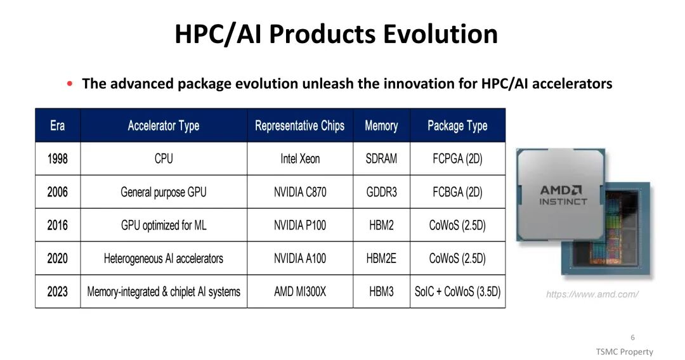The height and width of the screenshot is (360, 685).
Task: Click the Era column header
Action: coord(58,125)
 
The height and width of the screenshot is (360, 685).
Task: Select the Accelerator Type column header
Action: coord(164,125)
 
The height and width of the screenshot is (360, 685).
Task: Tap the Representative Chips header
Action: coord(299,125)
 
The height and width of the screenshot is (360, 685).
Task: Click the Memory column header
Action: coord(381,125)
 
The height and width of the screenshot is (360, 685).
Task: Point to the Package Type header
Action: coord(457,125)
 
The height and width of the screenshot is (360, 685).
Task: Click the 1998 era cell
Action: coord(58,158)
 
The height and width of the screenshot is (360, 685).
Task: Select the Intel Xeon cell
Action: coord(300,158)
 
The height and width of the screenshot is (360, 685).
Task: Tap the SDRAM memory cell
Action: coord(381,158)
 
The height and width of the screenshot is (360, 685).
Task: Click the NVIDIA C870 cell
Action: coord(300,192)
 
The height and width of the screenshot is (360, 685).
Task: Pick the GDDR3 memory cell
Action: coord(381,192)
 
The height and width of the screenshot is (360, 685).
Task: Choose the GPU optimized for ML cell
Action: coord(164,225)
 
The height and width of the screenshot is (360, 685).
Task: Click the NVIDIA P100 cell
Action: coord(300,225)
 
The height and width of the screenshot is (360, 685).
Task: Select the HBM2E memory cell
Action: coord(381,259)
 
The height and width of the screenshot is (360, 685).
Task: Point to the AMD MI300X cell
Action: coord(300,292)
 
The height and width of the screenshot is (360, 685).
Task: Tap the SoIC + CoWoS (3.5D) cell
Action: coord(457,292)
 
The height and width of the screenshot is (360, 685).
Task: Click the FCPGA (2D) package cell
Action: coord(457,158)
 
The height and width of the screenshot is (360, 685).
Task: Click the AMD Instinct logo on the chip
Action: coord(563,195)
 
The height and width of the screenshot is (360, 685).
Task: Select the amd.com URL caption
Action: coord(592,295)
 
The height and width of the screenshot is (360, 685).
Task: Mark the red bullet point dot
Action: coord(70,84)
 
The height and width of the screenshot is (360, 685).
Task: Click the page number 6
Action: coord(632,337)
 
